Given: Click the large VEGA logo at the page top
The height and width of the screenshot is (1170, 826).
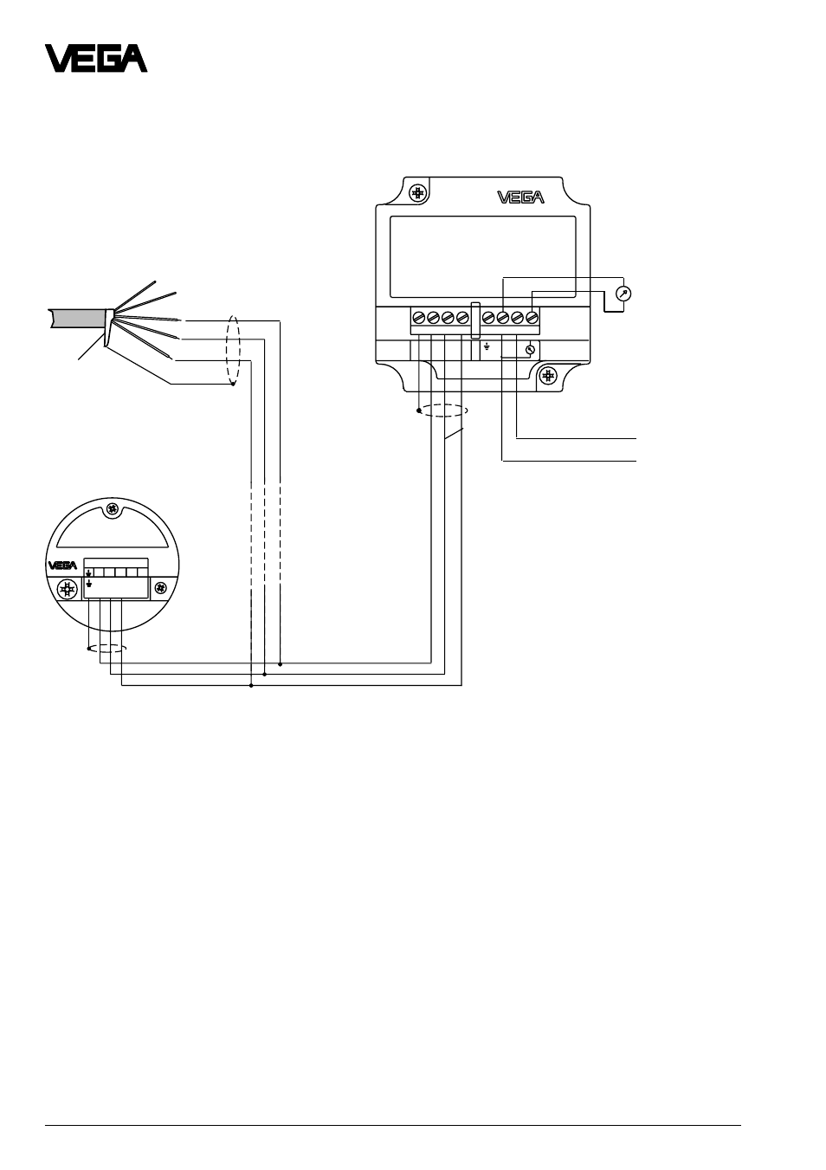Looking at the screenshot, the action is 96,58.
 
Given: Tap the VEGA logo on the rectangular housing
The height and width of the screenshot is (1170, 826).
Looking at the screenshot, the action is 520,197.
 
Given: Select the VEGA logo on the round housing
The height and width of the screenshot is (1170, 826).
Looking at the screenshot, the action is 62,566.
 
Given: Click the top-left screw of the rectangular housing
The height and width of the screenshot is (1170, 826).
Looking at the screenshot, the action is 417,194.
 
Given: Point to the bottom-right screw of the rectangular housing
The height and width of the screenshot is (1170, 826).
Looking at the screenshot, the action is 548,376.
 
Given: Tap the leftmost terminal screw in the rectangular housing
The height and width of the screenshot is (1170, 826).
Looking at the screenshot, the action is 418,317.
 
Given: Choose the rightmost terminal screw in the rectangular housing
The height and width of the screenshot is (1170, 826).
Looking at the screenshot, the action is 532,317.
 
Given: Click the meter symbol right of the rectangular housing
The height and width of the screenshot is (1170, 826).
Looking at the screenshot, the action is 623,294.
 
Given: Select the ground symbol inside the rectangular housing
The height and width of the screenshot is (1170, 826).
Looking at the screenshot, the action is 487,346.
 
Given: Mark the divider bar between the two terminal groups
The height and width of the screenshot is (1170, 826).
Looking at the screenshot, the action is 475,320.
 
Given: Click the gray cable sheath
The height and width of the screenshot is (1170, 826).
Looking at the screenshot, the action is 80,319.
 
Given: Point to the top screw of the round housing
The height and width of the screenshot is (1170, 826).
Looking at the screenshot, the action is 112,509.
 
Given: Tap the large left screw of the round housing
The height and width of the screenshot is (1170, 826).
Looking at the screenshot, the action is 68,590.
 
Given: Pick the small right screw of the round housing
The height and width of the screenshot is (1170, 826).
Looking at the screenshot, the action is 160,589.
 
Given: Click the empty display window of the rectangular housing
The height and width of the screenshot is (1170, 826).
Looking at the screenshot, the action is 483,257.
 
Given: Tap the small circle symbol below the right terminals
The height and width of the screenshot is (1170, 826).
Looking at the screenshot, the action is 529,350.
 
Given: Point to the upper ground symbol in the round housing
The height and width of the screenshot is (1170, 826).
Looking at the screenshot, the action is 89,573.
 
